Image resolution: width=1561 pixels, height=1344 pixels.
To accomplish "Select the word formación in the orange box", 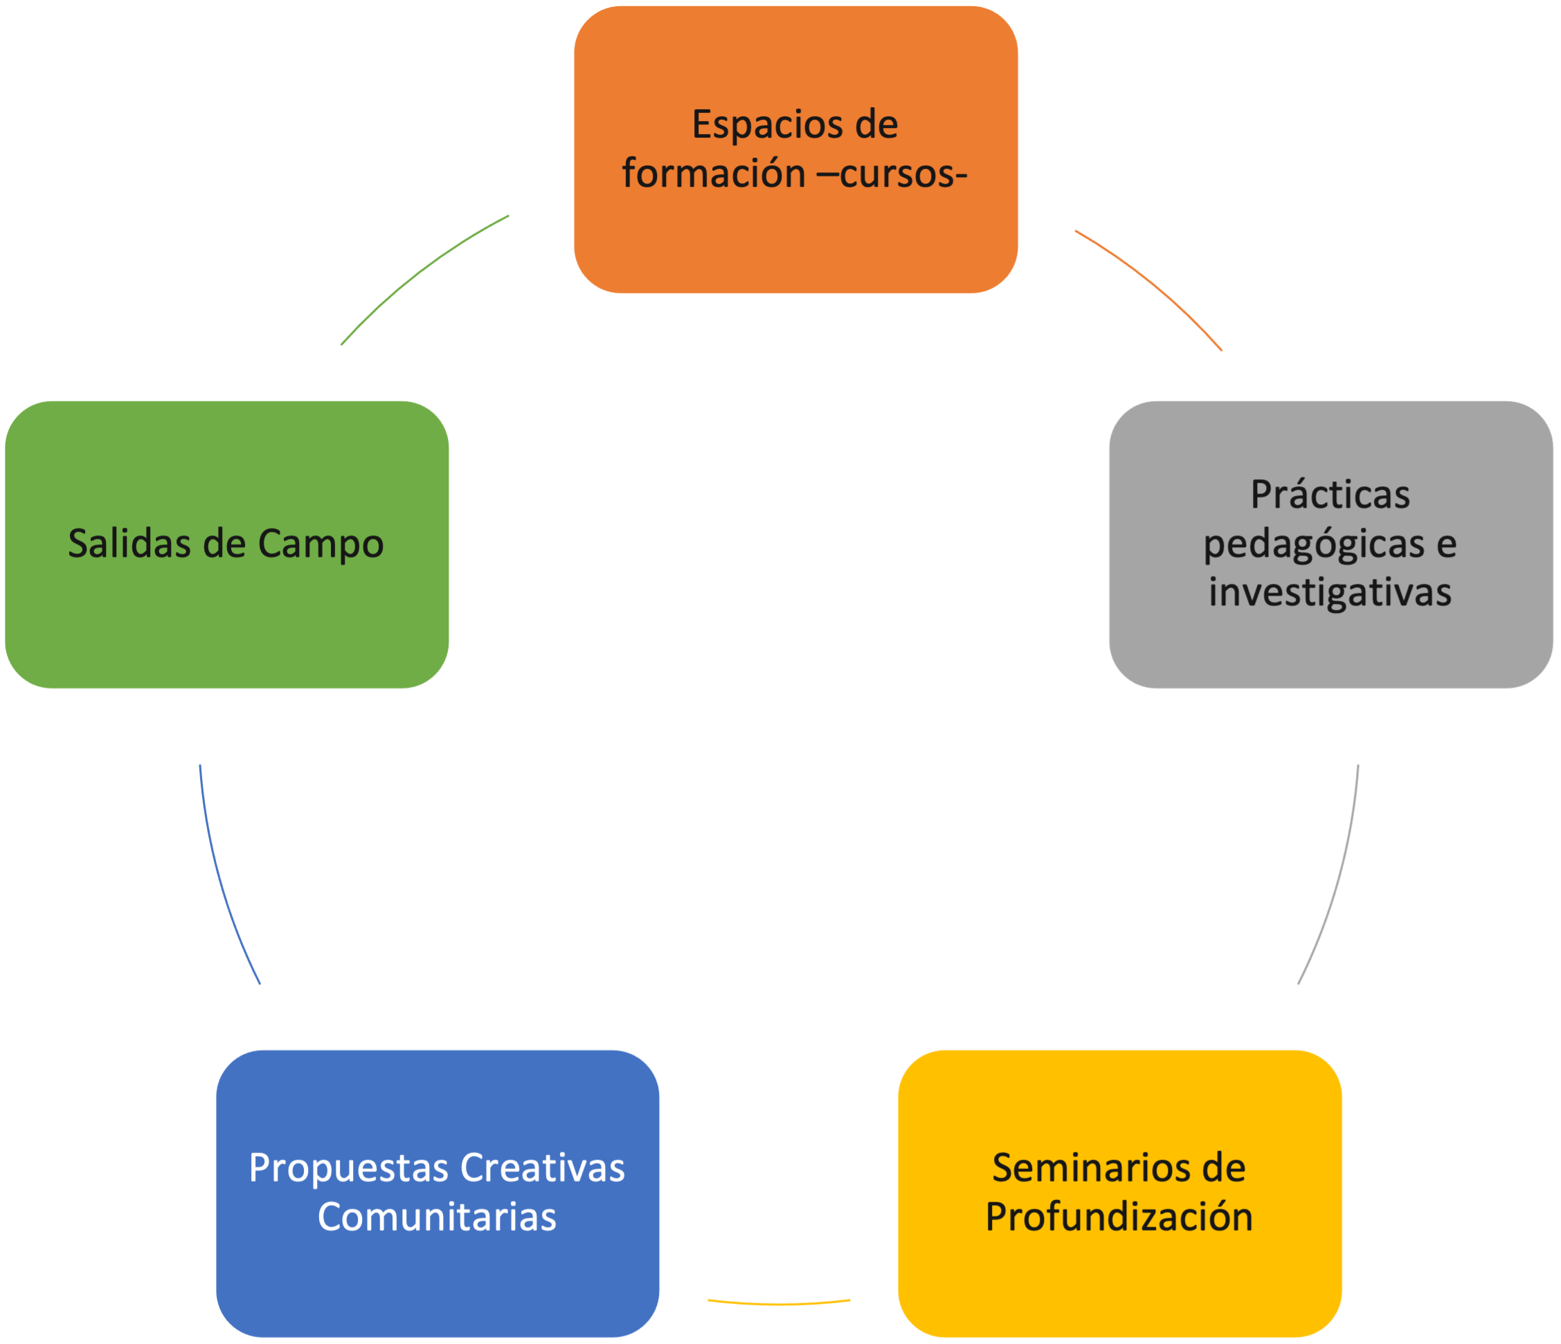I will [x=713, y=174].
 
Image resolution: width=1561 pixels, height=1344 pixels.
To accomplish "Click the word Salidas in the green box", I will [x=129, y=544].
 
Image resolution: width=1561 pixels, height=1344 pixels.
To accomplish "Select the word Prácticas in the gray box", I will [x=1330, y=495].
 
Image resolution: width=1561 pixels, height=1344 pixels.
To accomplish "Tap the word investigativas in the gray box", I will [x=1330, y=592].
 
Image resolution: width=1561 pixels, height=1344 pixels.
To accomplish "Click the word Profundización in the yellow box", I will [x=1119, y=1217].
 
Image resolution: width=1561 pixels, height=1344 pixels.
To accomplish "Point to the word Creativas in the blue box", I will [x=543, y=1168].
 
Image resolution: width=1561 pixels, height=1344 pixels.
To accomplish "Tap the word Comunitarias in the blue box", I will [x=437, y=1217].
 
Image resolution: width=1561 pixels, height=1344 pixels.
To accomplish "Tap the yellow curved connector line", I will [x=779, y=1302].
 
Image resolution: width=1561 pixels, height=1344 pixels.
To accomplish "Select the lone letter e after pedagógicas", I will [x=1445, y=544].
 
